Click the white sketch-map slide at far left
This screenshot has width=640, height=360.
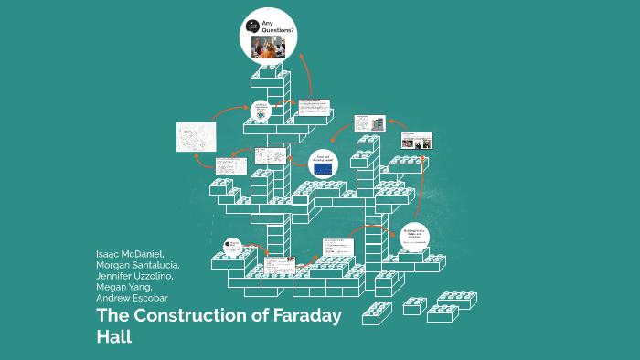coord(197,136)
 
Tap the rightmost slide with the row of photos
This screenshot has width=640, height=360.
coord(417,140)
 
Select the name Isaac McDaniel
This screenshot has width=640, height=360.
coord(130,252)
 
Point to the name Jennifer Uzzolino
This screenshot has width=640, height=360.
coord(139,275)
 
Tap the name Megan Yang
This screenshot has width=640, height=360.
coord(125,286)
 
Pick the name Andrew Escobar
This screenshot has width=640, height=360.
coord(132,297)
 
